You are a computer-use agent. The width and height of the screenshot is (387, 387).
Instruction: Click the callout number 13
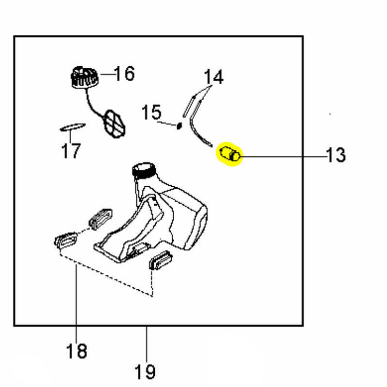point(336,155)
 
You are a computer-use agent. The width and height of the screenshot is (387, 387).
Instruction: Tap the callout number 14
point(214,77)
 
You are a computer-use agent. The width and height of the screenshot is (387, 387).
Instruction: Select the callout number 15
point(151,112)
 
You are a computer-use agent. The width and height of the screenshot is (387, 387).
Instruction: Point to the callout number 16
point(125,74)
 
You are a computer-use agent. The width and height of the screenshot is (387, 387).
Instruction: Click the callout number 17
point(71,151)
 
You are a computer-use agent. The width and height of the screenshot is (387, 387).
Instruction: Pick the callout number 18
point(76,351)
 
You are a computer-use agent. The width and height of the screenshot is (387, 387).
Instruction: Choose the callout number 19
point(146,372)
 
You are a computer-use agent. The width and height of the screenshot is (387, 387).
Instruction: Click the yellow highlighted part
point(230,153)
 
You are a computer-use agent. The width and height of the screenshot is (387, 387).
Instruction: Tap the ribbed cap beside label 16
point(84,77)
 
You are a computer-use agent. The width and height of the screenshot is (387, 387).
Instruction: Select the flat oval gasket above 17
point(73,127)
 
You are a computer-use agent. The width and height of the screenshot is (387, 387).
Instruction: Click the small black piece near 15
point(179,126)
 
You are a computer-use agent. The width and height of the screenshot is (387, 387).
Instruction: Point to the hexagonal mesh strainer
point(114,124)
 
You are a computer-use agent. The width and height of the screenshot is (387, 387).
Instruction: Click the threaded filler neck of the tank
point(144,170)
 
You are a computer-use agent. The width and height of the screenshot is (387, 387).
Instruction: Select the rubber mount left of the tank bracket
point(101,219)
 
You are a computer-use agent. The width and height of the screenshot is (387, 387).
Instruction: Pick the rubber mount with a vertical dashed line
point(161,260)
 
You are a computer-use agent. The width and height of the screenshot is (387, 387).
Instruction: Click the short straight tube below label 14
point(189,106)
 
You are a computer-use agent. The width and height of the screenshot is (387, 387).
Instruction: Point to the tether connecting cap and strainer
point(92,104)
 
